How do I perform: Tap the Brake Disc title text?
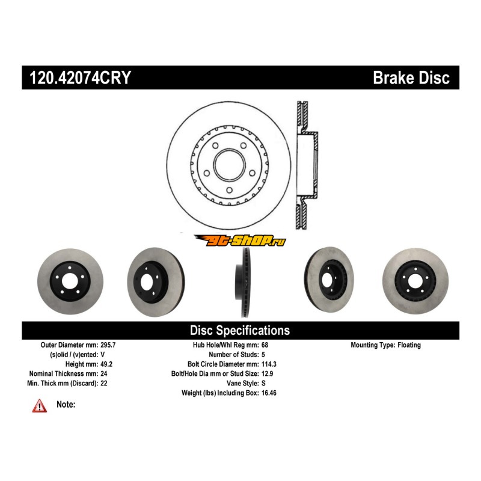[411, 78]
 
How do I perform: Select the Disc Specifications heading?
[240, 330]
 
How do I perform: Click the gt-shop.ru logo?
[240, 240]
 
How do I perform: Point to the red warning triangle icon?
[40, 406]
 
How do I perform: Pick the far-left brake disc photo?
[70, 281]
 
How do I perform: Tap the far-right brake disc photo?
[412, 281]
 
